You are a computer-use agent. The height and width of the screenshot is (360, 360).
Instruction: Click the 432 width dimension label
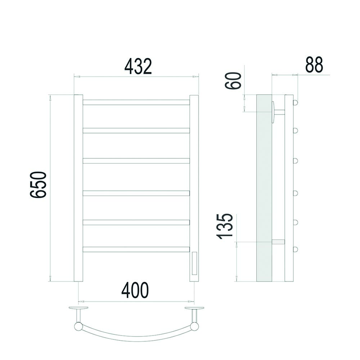[x=138, y=66]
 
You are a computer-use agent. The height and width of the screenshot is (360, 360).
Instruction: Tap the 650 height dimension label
[x=38, y=184]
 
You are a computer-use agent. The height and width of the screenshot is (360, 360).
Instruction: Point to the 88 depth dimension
[x=314, y=64]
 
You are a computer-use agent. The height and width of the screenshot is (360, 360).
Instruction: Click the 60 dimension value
[x=233, y=81]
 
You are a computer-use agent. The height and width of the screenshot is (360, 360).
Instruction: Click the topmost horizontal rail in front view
[x=136, y=102]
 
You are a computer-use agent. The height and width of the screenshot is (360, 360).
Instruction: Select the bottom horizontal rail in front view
[x=136, y=249]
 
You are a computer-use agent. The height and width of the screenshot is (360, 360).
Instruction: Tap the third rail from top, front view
[x=136, y=161]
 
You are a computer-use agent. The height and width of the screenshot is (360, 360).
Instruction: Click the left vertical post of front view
[x=78, y=188]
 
